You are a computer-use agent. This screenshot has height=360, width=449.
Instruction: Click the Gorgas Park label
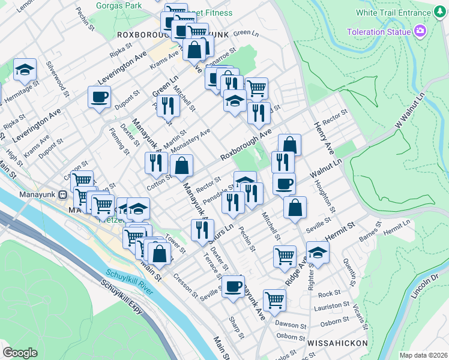point(119,5)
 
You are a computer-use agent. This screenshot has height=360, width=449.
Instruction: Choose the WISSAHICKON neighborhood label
point(333,346)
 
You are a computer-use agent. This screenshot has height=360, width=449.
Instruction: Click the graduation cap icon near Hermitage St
point(25,70)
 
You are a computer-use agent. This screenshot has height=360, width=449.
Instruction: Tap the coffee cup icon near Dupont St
point(99,97)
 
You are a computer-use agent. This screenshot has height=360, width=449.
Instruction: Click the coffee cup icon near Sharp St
point(233,286)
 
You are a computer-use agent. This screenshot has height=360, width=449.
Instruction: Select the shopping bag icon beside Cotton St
point(181,166)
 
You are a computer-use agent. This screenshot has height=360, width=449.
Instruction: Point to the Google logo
point(20,352)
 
